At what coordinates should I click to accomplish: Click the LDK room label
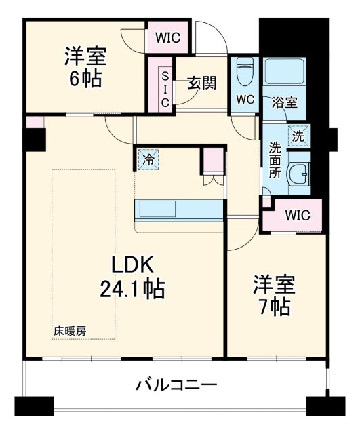click(133, 265)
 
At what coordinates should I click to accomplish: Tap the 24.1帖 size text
click(133, 290)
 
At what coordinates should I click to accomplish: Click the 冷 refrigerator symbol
click(147, 160)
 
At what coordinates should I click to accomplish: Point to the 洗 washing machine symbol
click(297, 136)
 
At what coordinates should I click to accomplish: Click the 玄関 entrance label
click(201, 83)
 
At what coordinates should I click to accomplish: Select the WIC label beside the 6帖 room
click(168, 38)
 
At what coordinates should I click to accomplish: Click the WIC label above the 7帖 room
click(297, 216)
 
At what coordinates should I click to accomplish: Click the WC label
click(245, 99)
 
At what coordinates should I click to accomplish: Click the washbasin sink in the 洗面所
click(298, 175)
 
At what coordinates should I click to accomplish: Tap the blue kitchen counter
click(180, 210)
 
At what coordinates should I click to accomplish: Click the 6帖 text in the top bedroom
click(84, 79)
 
